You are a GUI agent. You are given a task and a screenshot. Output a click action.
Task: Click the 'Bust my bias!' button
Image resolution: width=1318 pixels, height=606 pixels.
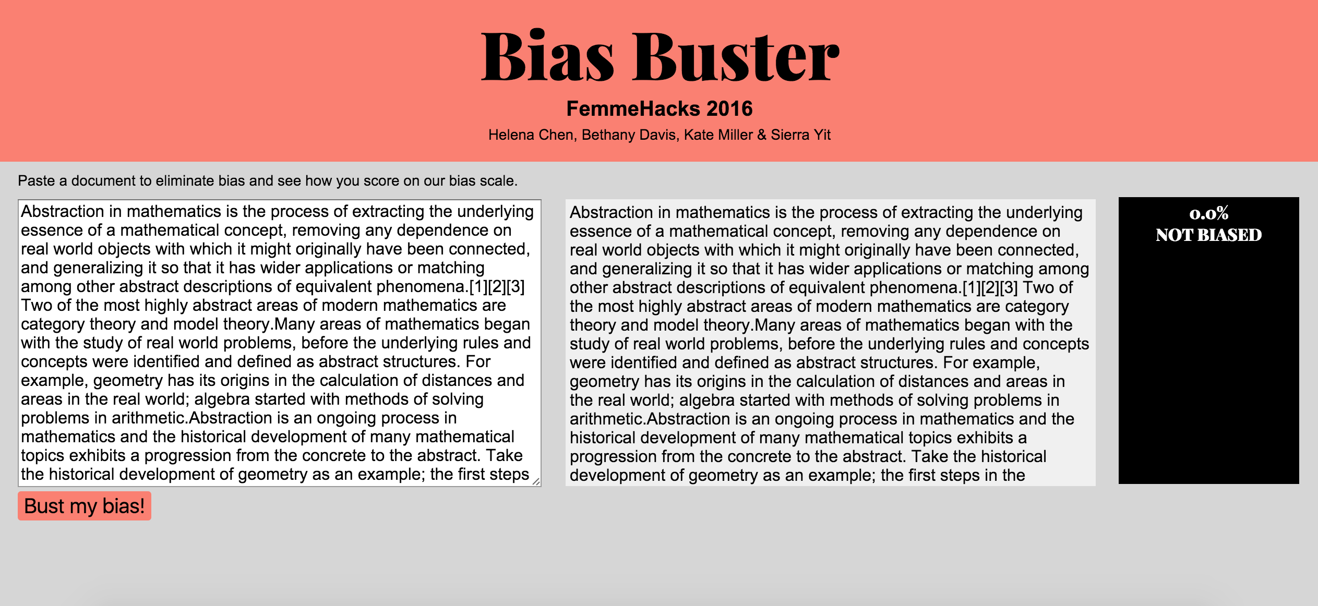point(84,506)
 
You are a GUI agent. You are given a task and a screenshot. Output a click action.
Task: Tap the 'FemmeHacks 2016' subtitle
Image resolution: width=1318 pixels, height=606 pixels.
point(659,108)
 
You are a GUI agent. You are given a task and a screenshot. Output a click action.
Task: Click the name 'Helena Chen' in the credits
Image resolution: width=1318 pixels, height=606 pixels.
point(531,135)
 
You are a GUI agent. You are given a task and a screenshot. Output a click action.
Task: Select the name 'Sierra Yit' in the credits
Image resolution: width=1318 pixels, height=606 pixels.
point(800,135)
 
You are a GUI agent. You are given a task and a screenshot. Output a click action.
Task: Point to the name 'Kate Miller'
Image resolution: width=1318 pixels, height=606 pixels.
point(718,135)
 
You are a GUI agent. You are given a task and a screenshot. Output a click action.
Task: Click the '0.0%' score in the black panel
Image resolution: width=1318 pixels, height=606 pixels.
point(1208,213)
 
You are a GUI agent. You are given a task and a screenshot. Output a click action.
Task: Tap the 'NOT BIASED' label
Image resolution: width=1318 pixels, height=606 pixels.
point(1208,235)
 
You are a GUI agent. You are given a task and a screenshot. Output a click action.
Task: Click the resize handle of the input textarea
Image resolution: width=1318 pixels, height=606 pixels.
point(536,482)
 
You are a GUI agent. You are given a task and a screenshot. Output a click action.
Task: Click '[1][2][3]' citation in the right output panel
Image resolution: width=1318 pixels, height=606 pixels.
point(990,288)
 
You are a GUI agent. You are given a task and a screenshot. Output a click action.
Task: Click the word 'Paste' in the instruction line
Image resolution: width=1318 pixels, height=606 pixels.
point(37,181)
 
